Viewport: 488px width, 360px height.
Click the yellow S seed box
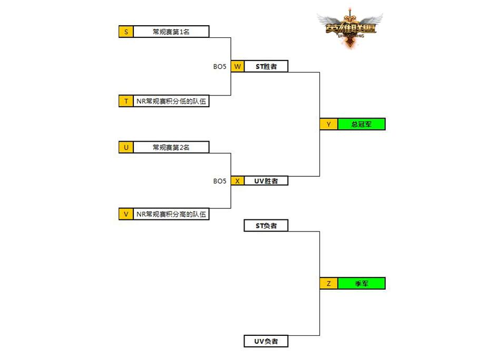(x=126, y=31)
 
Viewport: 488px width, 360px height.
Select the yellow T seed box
(x=126, y=101)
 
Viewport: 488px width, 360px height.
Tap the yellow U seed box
(x=126, y=147)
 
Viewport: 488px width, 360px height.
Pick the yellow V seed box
(x=126, y=214)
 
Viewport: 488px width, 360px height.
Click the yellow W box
(x=237, y=67)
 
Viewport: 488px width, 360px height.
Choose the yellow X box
(x=237, y=181)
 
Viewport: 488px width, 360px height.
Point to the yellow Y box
(x=328, y=124)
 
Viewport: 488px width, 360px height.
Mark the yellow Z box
(x=328, y=283)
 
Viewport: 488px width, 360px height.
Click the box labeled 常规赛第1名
(x=171, y=31)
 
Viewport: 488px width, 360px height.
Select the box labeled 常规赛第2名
(x=171, y=147)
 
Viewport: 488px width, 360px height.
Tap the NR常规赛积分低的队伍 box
(x=171, y=101)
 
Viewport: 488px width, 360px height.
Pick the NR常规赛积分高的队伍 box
(x=171, y=214)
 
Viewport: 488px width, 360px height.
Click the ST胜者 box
(x=266, y=67)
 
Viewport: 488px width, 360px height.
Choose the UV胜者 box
(x=266, y=181)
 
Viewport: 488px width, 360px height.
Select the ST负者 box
(x=266, y=226)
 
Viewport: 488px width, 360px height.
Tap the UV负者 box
(x=266, y=342)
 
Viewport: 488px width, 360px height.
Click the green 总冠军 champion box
(x=361, y=124)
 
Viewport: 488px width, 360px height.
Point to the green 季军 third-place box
(x=361, y=283)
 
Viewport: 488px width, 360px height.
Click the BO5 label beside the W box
(x=220, y=67)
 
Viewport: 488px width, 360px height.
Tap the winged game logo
(x=349, y=28)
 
